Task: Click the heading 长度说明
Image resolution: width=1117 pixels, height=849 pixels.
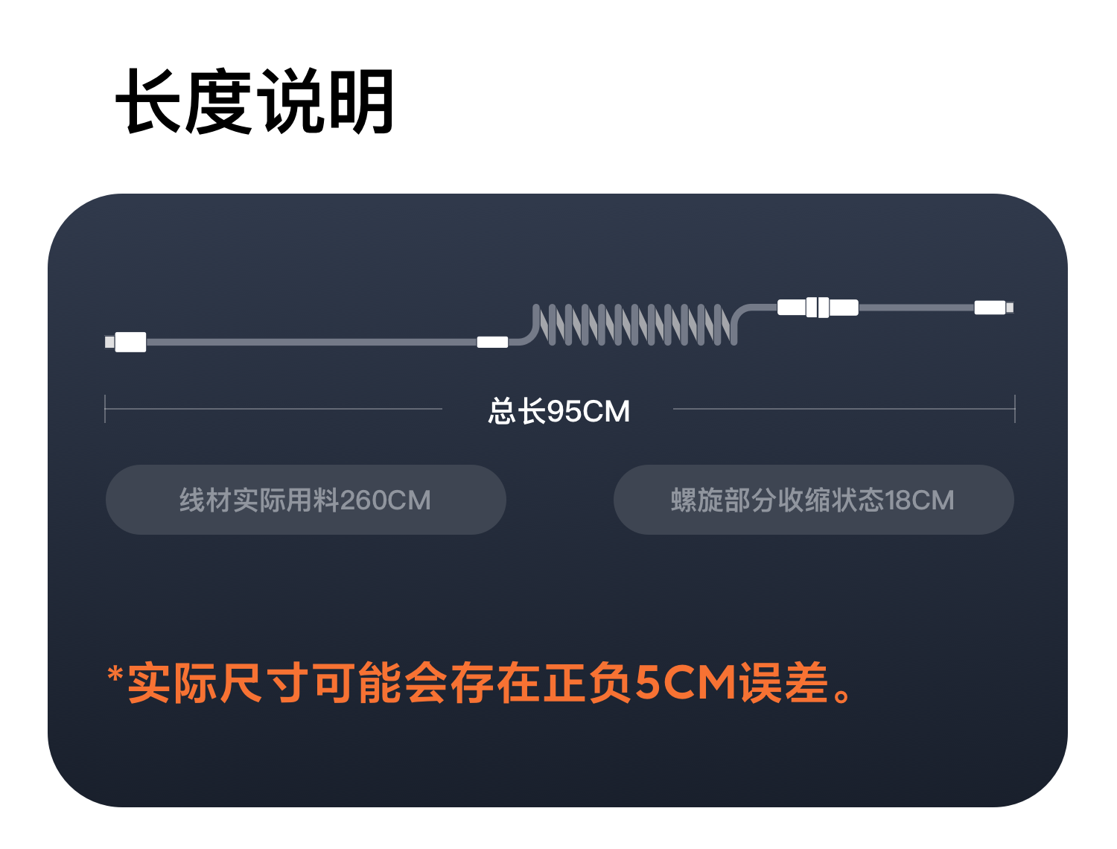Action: [255, 101]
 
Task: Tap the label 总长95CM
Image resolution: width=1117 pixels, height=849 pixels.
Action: [558, 411]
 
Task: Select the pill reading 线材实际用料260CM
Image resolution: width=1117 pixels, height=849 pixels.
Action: [306, 500]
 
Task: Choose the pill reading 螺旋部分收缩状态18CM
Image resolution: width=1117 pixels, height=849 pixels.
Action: [813, 500]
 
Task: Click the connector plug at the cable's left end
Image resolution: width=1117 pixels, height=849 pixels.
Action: [126, 342]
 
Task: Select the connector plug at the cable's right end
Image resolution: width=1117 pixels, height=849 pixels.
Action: [994, 308]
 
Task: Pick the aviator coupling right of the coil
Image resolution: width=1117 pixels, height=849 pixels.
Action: [818, 308]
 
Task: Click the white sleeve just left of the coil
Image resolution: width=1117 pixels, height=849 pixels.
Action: [492, 342]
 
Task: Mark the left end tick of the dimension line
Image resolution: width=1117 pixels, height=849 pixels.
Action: [105, 408]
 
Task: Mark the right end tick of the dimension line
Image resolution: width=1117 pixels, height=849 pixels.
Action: [1015, 408]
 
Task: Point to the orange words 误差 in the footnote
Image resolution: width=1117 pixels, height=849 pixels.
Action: [783, 682]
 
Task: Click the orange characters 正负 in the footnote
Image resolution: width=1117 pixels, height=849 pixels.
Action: [588, 682]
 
